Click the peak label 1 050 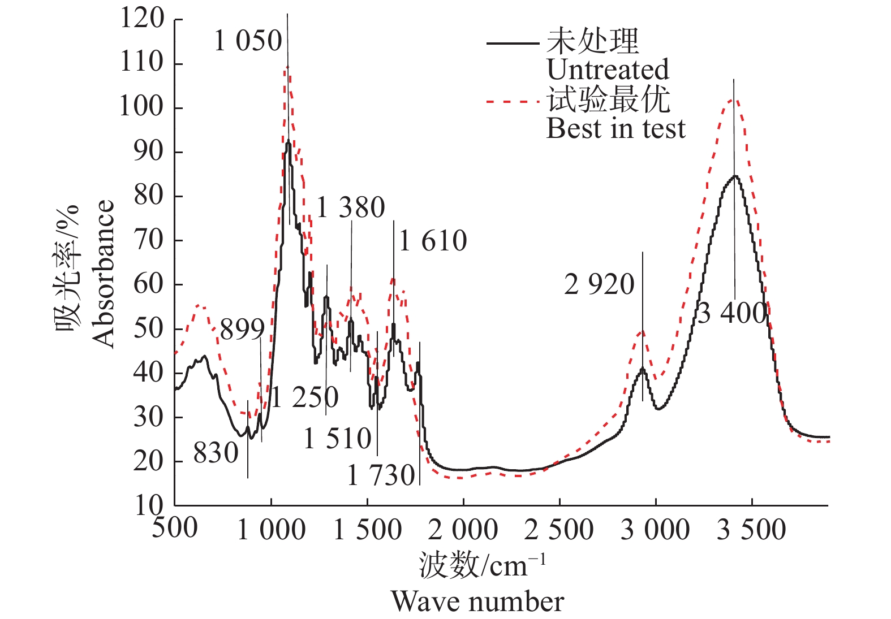(248, 41)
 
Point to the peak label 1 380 (351, 207)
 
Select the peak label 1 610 (433, 241)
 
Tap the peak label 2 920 (599, 284)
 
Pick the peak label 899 (242, 330)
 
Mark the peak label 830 (216, 453)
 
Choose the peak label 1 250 (305, 397)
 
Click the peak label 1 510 (338, 439)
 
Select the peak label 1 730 (381, 475)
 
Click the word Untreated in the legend (608, 70)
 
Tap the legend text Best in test (615, 128)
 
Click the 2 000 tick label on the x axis (463, 530)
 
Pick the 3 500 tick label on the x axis (751, 530)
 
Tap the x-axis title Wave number (477, 601)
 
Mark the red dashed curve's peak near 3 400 (733, 99)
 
